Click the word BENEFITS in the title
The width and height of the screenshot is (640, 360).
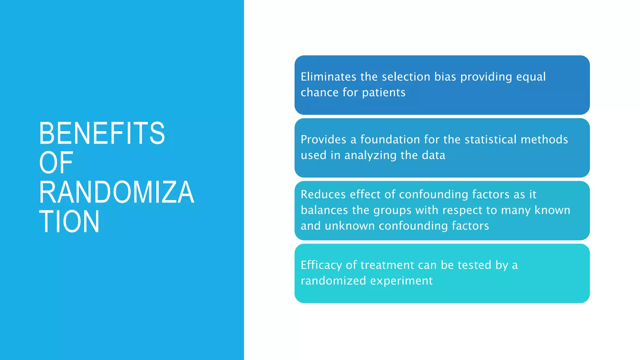click(102, 133)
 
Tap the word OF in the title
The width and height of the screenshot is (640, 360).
click(56, 163)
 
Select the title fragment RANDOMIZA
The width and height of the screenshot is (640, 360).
click(116, 192)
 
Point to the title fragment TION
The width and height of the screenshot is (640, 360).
click(69, 222)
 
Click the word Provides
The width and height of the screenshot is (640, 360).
click(323, 139)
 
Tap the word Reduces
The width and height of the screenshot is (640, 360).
click(323, 194)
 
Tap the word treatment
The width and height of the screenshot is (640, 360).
click(387, 265)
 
